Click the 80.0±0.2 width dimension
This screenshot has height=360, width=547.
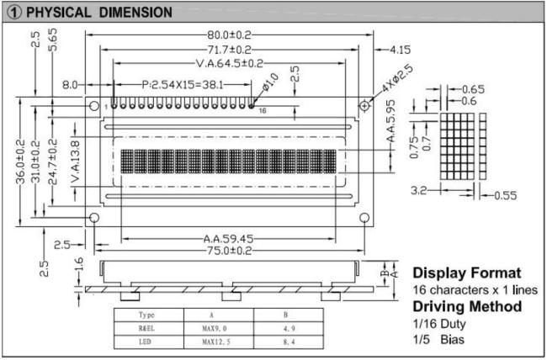click(x=229, y=34)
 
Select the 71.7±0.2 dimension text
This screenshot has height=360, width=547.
click(x=229, y=50)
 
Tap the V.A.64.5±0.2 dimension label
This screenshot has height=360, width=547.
click(x=229, y=63)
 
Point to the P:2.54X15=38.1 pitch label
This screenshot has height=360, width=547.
click(x=183, y=84)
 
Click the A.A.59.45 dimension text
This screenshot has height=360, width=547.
click(x=228, y=239)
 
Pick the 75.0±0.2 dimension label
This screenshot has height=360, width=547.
click(x=229, y=251)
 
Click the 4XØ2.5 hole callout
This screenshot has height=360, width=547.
click(x=397, y=78)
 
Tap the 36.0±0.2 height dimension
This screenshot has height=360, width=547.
click(x=20, y=161)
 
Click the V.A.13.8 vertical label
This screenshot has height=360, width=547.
click(x=76, y=161)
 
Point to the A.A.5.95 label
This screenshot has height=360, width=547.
click(x=391, y=120)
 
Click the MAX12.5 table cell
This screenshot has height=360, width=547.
click(x=216, y=341)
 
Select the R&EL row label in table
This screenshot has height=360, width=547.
click(x=146, y=328)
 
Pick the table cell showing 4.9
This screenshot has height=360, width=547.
click(x=289, y=328)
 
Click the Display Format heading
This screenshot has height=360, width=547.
click(x=467, y=273)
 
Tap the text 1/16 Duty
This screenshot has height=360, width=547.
click(x=439, y=324)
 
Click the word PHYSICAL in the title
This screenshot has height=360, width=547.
click(x=59, y=13)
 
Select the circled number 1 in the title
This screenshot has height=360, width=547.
click(x=14, y=13)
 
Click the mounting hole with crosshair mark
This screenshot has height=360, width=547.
click(x=364, y=105)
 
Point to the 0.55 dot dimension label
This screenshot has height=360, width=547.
click(x=506, y=195)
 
